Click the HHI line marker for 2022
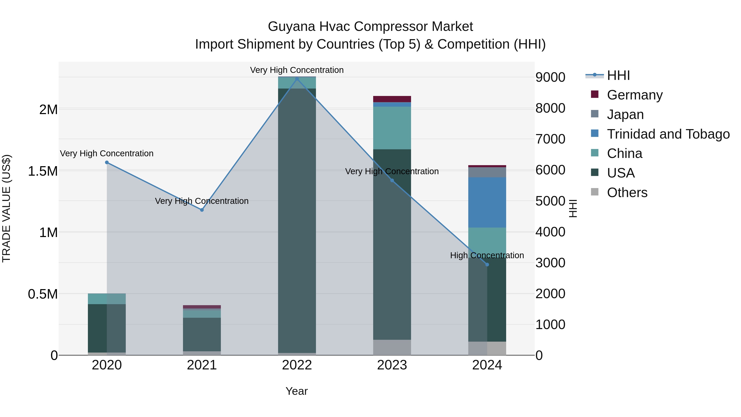[x=297, y=79]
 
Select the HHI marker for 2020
[x=107, y=162]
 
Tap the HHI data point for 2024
[x=487, y=264]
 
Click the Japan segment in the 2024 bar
[x=487, y=172]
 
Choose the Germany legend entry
[x=634, y=95]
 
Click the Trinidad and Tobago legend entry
[x=668, y=134]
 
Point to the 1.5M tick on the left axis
[x=43, y=171]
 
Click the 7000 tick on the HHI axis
[x=550, y=139]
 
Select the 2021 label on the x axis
[x=202, y=365]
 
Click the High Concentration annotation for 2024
[x=487, y=255]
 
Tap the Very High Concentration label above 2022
[x=297, y=70]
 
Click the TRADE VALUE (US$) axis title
[x=6, y=208]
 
